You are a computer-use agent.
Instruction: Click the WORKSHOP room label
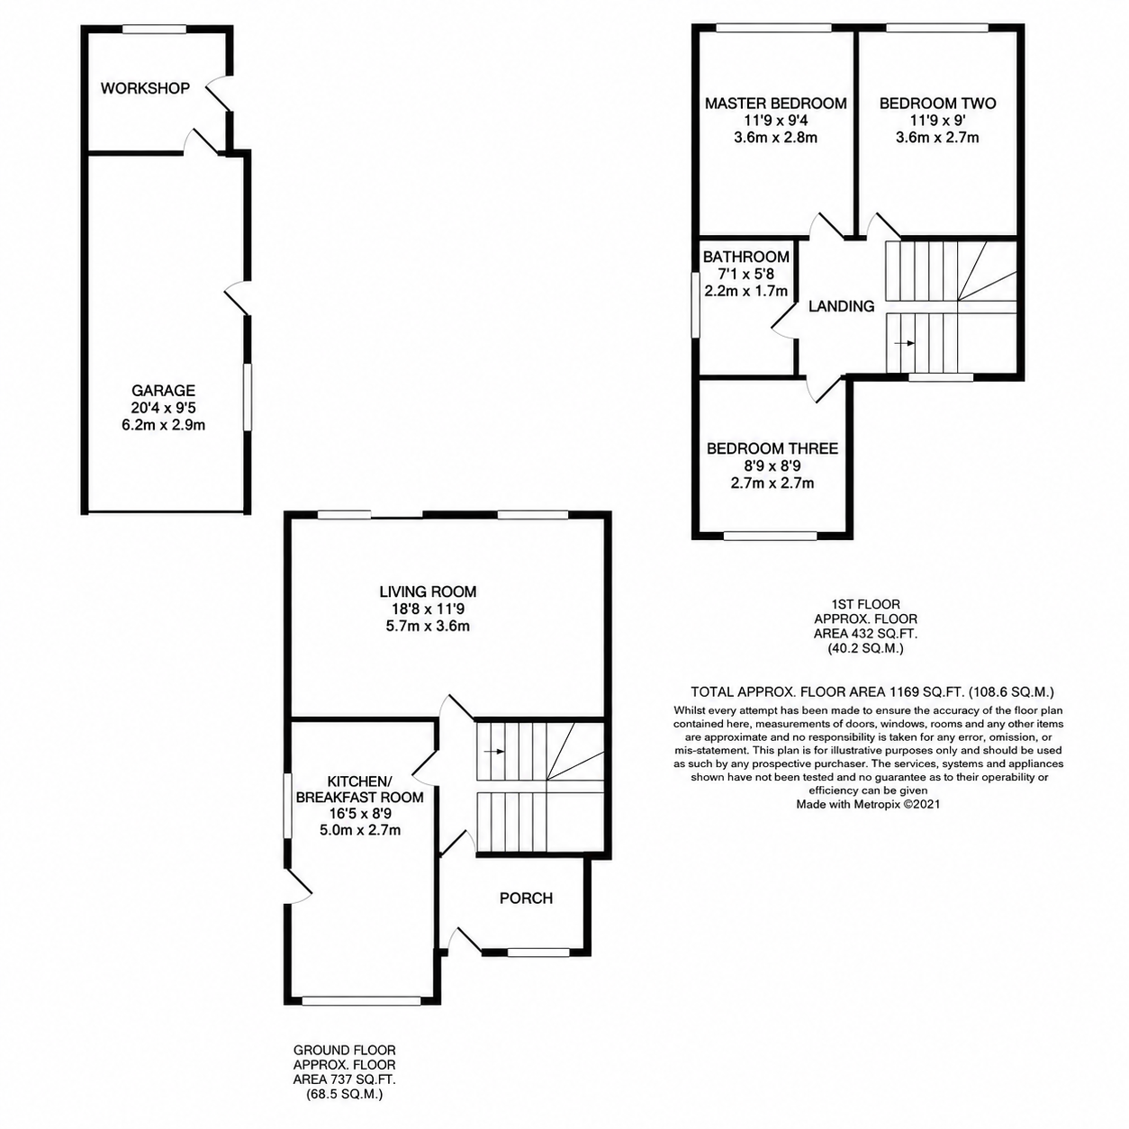[145, 88]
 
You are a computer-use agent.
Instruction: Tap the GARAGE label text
[163, 390]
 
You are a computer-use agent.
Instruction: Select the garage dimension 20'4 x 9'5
[163, 408]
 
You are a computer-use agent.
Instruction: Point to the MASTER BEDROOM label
[775, 104]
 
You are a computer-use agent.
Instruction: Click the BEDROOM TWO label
[937, 104]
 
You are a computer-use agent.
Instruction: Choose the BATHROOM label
[745, 257]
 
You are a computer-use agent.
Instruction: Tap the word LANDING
[841, 306]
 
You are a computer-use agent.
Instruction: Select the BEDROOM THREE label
[772, 448]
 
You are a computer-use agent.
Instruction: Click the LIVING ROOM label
[428, 592]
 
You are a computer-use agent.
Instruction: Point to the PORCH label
[526, 899]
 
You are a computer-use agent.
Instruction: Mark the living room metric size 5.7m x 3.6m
[428, 626]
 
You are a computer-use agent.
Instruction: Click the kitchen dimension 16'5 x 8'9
[360, 813]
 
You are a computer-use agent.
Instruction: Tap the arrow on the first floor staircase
[905, 343]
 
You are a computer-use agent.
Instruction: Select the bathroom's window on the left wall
[695, 304]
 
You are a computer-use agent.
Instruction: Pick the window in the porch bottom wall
[537, 953]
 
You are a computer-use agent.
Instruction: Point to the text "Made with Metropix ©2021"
[868, 804]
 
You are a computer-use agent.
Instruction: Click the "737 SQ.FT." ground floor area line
[345, 1079]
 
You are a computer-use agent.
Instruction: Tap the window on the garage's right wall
[248, 397]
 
